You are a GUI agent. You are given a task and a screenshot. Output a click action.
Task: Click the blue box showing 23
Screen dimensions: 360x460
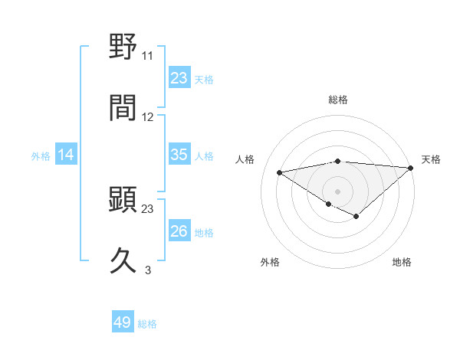[x=179, y=78]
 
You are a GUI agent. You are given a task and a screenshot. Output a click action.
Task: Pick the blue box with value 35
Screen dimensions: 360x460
[x=179, y=155]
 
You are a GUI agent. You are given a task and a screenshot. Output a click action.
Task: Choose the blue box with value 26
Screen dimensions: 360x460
[x=179, y=231]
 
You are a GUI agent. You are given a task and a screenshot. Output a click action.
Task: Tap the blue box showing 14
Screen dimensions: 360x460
[x=66, y=155]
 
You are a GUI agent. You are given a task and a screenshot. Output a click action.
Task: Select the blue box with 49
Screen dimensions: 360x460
[x=123, y=322]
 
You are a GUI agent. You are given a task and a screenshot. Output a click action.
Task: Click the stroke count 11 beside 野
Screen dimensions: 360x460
[x=148, y=56]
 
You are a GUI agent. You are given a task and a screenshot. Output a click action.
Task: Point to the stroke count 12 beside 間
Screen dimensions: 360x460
[x=148, y=117]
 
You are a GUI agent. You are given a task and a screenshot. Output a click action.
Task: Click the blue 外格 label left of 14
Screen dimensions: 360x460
[x=41, y=156]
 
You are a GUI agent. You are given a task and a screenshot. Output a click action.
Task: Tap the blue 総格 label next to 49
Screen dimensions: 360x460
[x=147, y=324]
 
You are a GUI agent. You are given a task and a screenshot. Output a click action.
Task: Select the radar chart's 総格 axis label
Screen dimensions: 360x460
[x=338, y=100]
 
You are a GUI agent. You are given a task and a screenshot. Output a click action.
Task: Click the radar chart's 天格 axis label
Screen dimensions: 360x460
[x=431, y=159]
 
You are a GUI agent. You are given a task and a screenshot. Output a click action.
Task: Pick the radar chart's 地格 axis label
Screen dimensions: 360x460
[x=402, y=263]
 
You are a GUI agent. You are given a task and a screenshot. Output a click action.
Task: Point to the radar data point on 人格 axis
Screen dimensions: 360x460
[x=279, y=172]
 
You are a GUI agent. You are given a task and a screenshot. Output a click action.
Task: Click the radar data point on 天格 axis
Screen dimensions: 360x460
[x=411, y=167]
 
